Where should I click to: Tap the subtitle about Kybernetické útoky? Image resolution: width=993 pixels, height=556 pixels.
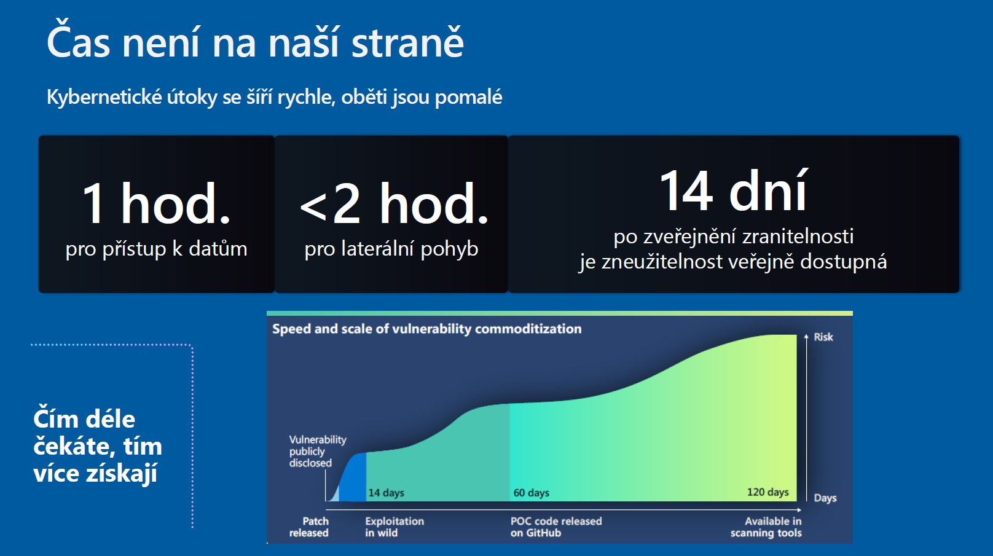(x=275, y=97)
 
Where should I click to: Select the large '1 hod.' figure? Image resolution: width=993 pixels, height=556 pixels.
(x=157, y=203)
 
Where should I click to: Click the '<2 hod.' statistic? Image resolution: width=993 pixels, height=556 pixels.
(x=394, y=203)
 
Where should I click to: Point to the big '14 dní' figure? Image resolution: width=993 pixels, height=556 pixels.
(x=734, y=190)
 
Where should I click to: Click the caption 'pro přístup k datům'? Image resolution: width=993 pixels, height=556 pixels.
(x=157, y=249)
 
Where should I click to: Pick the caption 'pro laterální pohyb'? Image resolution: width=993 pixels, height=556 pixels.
(x=391, y=249)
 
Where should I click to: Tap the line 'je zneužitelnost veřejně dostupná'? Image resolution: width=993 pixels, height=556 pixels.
(x=733, y=262)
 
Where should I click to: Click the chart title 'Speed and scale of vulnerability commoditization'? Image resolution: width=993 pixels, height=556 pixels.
(x=427, y=329)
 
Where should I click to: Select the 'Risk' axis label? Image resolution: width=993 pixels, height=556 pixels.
(x=823, y=337)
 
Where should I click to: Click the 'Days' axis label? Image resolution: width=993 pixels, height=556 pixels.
(x=825, y=498)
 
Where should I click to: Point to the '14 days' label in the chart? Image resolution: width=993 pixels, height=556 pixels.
(x=386, y=493)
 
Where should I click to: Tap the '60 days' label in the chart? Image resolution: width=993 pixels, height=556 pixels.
(x=531, y=493)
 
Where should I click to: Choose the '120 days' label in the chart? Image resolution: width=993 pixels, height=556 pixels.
(x=768, y=492)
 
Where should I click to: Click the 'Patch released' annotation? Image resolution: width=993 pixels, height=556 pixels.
(x=309, y=527)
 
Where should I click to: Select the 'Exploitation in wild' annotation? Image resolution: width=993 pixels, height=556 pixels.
(x=394, y=527)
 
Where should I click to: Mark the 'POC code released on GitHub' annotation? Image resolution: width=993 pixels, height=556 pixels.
(x=556, y=527)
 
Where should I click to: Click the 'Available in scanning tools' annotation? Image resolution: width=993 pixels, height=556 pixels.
(x=766, y=527)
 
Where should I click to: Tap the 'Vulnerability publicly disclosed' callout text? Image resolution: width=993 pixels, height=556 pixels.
(x=318, y=452)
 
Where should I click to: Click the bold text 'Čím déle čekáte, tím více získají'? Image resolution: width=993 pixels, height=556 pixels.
(x=98, y=445)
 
